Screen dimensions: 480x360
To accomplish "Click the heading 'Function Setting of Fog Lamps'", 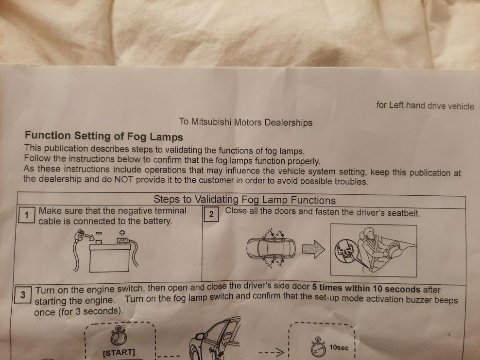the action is click(x=104, y=136).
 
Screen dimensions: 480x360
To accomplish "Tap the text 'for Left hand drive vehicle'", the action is click(x=425, y=105).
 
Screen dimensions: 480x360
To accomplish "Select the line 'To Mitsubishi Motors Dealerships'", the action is click(x=246, y=122).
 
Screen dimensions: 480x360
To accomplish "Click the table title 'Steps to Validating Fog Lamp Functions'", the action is click(x=244, y=200).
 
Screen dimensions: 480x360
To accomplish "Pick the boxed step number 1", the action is click(x=27, y=215).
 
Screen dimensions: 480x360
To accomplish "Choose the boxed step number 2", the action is click(x=211, y=214).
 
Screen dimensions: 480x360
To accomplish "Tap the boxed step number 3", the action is click(x=23, y=294).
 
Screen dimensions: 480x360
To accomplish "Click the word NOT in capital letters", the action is click(x=124, y=179).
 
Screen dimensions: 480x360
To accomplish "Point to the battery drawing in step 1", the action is click(x=109, y=257).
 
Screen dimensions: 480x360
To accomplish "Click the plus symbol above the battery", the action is click(x=122, y=233).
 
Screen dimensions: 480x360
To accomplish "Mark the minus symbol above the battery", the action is click(x=99, y=233).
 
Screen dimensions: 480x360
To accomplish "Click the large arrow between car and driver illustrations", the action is click(x=313, y=249).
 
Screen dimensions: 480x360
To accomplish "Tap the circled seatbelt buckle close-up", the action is click(x=346, y=251).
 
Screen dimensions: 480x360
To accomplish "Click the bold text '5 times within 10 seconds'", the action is click(x=366, y=289).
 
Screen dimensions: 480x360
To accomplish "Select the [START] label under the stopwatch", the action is click(x=119, y=352).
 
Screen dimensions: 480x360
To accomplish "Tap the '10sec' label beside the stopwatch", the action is click(x=339, y=347).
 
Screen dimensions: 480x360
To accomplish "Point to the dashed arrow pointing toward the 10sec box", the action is click(x=271, y=352).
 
